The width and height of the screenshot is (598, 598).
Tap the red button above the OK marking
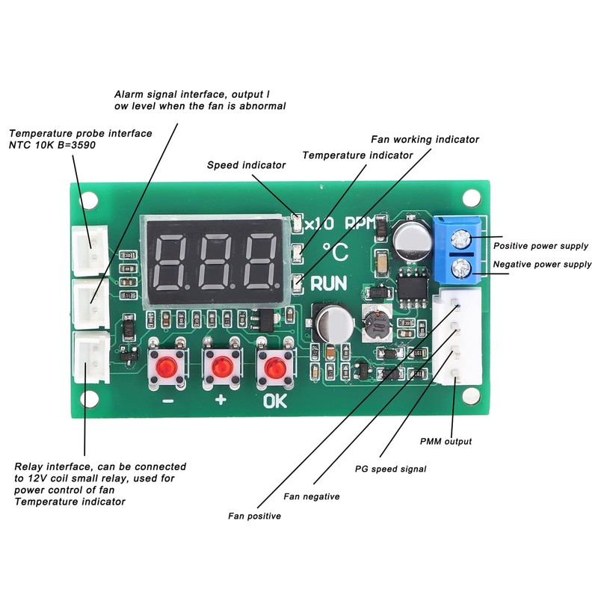pyautogui.click(x=274, y=368)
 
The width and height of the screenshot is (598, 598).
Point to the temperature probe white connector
pyautogui.click(x=90, y=249)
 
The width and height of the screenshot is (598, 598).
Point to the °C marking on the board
pyautogui.click(x=335, y=252)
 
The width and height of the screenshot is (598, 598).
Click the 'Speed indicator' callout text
pyautogui.click(x=246, y=165)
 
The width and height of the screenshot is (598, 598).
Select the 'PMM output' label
pyautogui.click(x=446, y=441)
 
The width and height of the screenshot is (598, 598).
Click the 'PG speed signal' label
pyautogui.click(x=390, y=469)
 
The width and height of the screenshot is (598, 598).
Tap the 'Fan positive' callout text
pyautogui.click(x=255, y=516)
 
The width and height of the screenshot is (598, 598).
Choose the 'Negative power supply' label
pyautogui.click(x=542, y=264)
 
